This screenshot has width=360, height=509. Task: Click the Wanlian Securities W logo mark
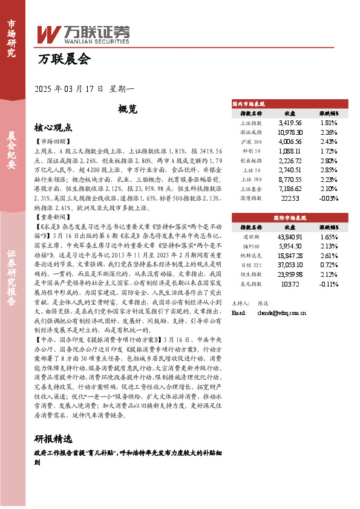click(x=50, y=33)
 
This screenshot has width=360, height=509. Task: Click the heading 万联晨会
click(x=64, y=59)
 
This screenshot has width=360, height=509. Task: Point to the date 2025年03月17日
click(x=70, y=88)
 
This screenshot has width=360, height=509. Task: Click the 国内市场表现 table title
click(x=249, y=104)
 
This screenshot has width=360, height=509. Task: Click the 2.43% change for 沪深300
click(x=329, y=142)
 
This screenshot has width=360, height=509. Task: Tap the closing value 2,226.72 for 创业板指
click(x=290, y=161)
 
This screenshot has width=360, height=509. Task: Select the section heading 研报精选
click(x=53, y=438)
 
